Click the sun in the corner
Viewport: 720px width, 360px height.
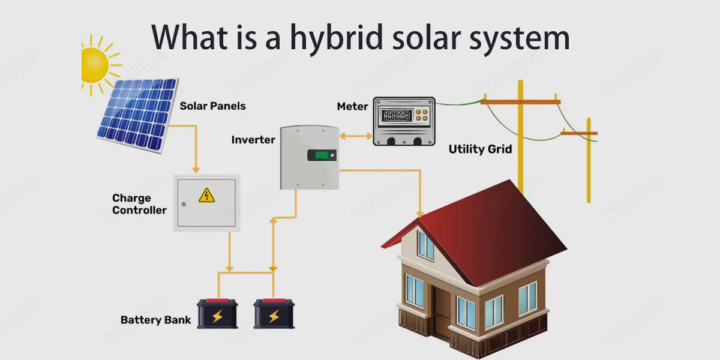pyautogui.click(x=95, y=60)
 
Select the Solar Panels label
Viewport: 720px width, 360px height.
pyautogui.click(x=213, y=106)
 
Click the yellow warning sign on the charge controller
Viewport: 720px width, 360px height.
pyautogui.click(x=206, y=195)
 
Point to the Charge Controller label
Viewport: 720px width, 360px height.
pyautogui.click(x=139, y=204)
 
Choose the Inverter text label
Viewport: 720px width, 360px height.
pyautogui.click(x=253, y=140)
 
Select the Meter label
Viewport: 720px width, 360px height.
pyautogui.click(x=352, y=106)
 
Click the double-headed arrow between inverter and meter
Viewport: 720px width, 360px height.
pyautogui.click(x=356, y=136)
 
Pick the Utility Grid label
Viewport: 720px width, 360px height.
pyautogui.click(x=480, y=149)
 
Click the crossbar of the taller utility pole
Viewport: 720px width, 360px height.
pyautogui.click(x=520, y=102)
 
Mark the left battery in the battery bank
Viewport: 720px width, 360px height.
pyautogui.click(x=217, y=313)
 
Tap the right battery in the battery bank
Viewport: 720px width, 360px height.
pyautogui.click(x=274, y=313)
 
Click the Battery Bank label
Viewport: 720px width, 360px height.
pyautogui.click(x=156, y=320)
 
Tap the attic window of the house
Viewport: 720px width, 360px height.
pyautogui.click(x=425, y=245)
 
